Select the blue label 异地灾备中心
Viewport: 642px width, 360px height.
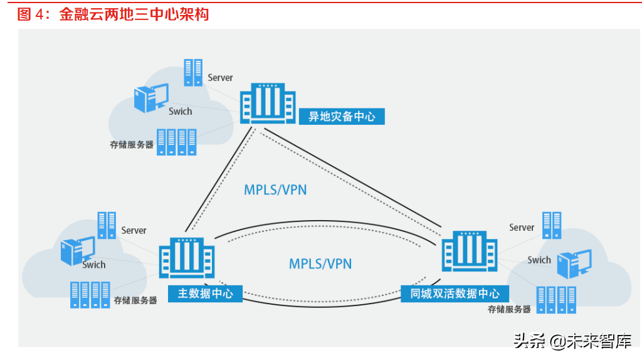pos(341,116)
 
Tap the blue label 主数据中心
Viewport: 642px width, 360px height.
pos(204,293)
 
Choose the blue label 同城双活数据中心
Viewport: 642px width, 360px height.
pos(455,293)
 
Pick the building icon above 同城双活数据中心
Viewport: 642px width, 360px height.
pos(469,251)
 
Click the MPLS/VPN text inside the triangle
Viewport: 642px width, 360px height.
pos(276,189)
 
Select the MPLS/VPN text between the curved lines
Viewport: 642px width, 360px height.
pos(320,263)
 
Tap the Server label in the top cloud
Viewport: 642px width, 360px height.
pos(220,78)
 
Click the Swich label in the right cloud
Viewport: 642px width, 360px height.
pos(539,260)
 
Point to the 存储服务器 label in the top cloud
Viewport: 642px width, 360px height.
pos(132,144)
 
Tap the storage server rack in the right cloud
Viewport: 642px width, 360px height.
pos(556,299)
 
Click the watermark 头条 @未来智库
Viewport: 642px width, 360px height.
pos(572,341)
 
